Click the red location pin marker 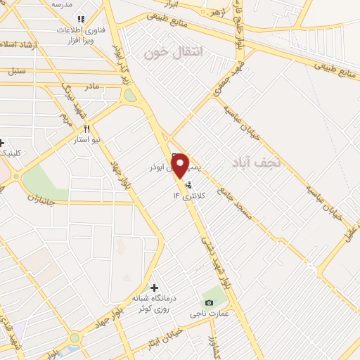(x=180, y=165)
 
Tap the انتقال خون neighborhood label (x=173, y=53)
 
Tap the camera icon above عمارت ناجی (x=208, y=302)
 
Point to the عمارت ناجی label (x=209, y=314)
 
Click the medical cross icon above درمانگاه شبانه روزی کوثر (x=154, y=288)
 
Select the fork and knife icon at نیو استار (x=86, y=129)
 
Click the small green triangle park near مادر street (x=130, y=95)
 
